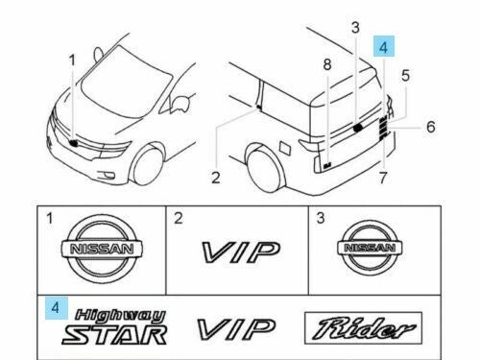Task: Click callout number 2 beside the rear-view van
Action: point(216,177)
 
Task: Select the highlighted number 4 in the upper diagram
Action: point(384,46)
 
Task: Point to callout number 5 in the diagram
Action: point(406,74)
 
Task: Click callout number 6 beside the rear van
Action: point(431,127)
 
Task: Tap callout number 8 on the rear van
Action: point(327,64)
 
